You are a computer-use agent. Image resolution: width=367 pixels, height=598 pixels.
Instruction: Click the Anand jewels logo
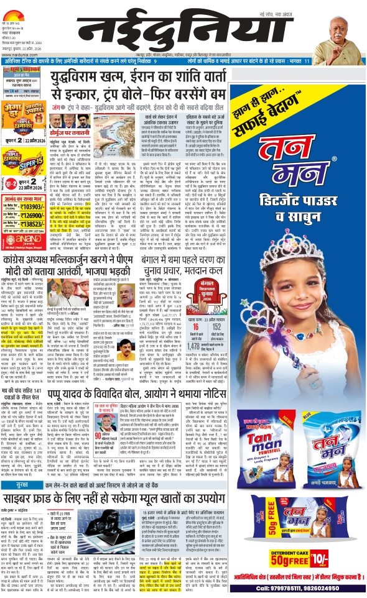[x=22, y=239]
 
